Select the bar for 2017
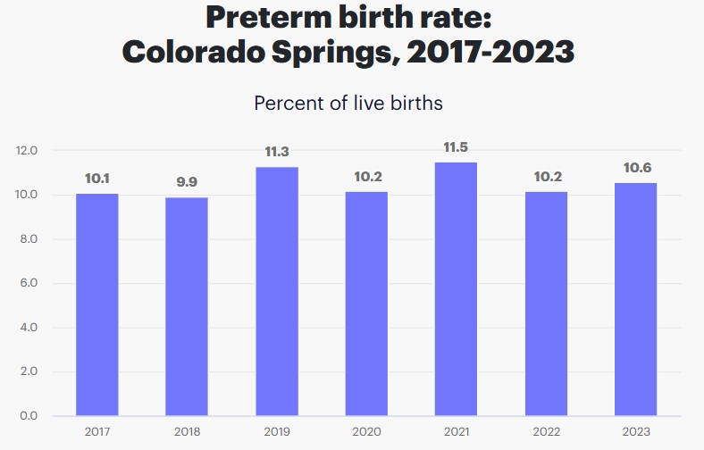coord(96,304)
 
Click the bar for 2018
coord(187,306)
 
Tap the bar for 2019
coord(276,291)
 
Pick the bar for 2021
coord(456,289)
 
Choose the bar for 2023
coord(635,299)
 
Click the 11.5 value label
coord(456,147)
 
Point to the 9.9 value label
coord(187,182)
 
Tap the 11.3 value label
coord(276,152)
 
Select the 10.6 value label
coord(635,167)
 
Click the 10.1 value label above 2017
coord(96,179)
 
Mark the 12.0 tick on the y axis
coord(27,151)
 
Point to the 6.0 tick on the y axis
coord(27,284)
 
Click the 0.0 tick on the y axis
coord(27,416)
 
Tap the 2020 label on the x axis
coord(366,432)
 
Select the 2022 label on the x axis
coord(546,432)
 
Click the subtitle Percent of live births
coord(348,103)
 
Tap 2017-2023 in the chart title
coord(490,51)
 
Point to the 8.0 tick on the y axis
coord(27,239)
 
